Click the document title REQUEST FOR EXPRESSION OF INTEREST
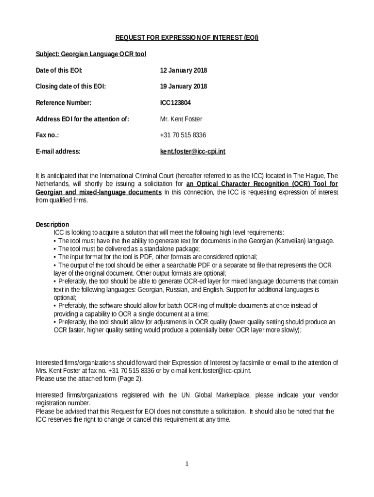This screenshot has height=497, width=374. pos(187,38)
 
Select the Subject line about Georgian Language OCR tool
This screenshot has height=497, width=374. pos(91,54)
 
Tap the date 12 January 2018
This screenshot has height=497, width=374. pos(184,70)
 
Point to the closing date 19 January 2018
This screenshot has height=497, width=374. pos(184,86)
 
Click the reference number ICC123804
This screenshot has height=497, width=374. pos(176,103)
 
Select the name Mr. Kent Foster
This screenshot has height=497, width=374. pos(181,119)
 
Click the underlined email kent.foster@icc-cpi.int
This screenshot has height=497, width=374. pos(193,151)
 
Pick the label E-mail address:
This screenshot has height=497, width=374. pos(58,151)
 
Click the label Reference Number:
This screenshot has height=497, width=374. pos(64,103)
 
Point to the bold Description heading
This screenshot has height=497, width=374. pos(52,225)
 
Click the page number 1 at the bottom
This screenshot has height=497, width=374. pos(187,464)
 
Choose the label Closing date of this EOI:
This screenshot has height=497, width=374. pos(71,86)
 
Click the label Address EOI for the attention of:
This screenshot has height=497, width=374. pos(83,119)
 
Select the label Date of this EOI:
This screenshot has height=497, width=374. pos(59,70)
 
